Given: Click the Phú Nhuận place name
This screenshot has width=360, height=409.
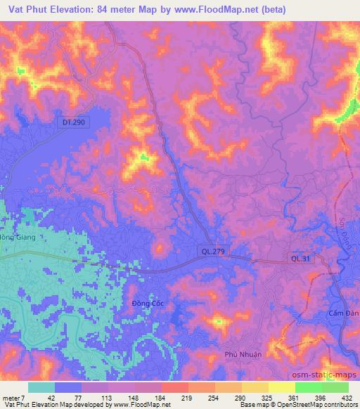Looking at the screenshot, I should coord(243,354).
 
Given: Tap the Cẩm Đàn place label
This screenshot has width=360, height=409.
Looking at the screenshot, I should coord(344,311).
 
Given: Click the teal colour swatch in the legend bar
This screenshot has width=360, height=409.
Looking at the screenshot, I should coord(41,387).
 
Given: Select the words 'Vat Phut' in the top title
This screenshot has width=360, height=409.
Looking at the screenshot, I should coord(26,9).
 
